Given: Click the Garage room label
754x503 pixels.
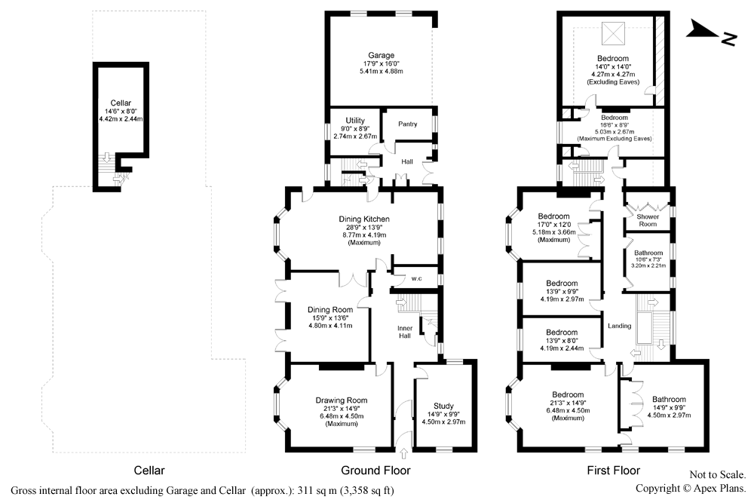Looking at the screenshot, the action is [382, 55].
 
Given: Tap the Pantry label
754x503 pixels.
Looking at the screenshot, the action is [408, 124].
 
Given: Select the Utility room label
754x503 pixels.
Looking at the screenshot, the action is [355, 121].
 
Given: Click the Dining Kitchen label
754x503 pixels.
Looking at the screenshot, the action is [364, 219].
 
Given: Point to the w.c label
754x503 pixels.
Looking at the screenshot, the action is [416, 278].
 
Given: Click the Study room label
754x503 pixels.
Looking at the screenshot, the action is [443, 406].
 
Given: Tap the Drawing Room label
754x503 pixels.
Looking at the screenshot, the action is [342, 400].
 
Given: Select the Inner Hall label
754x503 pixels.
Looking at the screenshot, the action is [405, 332].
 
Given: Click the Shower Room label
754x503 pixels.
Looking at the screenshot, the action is [648, 220].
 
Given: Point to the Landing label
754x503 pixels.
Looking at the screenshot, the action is [619, 326].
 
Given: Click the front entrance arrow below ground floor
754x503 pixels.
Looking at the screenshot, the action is [403, 453].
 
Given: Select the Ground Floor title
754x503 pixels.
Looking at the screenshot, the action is [375, 471].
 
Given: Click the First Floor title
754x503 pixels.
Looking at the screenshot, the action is [614, 471].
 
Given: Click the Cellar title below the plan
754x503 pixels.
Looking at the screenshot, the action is [149, 471].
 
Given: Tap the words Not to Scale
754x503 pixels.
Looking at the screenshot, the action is [718, 475].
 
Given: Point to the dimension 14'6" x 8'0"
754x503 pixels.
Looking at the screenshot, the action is [121, 112].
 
